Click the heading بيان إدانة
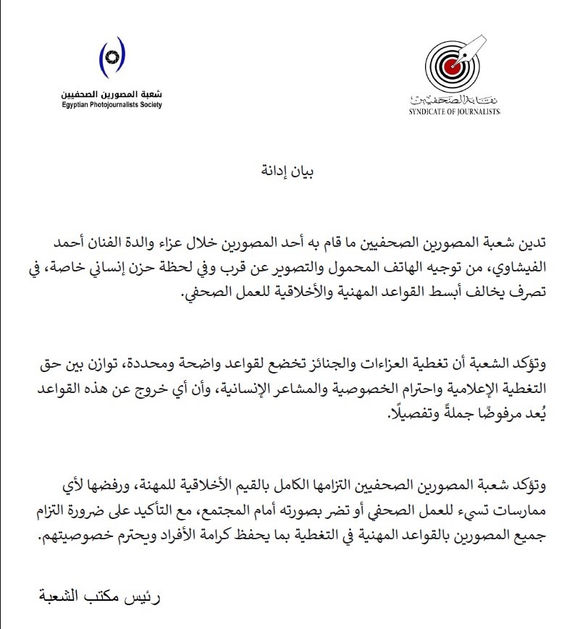[x=290, y=172]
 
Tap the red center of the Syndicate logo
[x=451, y=67]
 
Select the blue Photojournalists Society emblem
[x=112, y=56]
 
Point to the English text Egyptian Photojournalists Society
[x=112, y=105]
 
